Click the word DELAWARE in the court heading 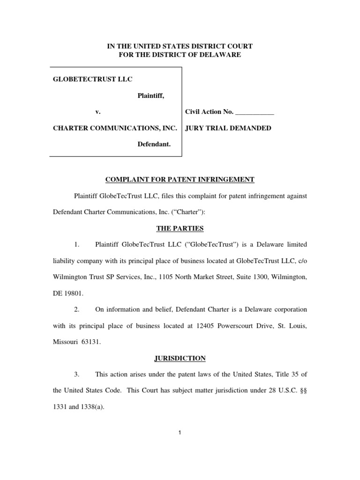221,55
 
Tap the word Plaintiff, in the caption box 150,96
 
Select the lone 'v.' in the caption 98,112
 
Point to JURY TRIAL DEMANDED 228,128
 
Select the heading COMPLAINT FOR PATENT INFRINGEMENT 180,180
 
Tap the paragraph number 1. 77,244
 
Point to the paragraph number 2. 77,309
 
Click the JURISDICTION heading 180,358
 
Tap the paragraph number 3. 77,375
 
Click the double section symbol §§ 303,391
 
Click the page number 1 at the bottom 180,433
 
